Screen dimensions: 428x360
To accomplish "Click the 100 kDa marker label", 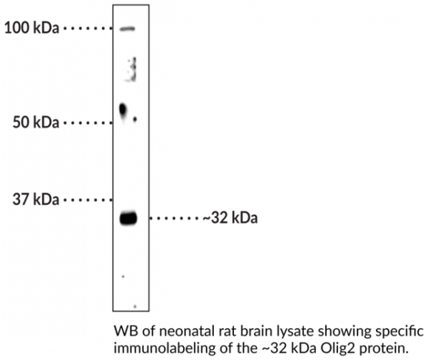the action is [x=31, y=28].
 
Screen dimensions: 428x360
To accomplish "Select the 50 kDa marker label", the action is [x=36, y=123].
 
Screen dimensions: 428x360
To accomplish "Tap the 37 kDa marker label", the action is [x=36, y=200].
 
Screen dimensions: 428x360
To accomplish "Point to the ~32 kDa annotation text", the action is [x=230, y=218].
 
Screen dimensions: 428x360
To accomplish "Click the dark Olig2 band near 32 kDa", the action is [x=128, y=218].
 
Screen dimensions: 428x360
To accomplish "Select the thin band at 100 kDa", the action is [x=127, y=29].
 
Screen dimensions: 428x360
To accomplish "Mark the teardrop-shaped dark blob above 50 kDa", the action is [x=123, y=110].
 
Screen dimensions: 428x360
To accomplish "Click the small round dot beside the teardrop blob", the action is [x=135, y=119].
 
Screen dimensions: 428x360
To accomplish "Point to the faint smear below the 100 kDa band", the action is [x=132, y=69].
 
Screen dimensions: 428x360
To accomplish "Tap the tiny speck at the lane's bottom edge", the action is [x=135, y=307].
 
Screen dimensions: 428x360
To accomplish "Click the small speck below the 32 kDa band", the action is [x=123, y=277].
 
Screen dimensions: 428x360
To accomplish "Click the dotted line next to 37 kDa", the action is [x=88, y=200].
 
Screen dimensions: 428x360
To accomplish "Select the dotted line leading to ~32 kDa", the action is [x=175, y=218].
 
